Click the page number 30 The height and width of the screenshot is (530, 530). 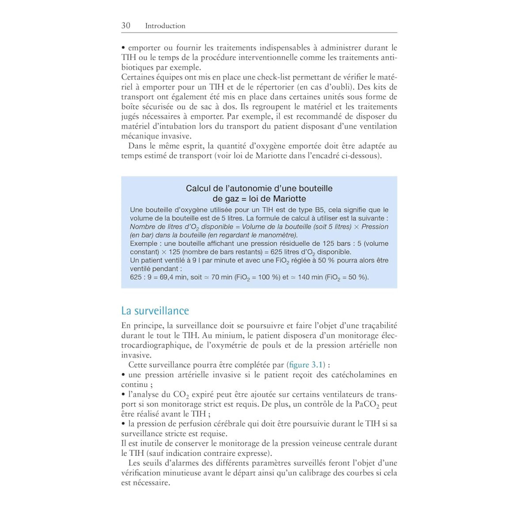pyautogui.click(x=126, y=26)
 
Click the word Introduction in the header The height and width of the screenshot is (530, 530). pyautogui.click(x=165, y=26)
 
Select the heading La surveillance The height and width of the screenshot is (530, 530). pyautogui.click(x=155, y=311)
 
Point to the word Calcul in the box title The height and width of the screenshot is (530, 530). pyautogui.click(x=198, y=189)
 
